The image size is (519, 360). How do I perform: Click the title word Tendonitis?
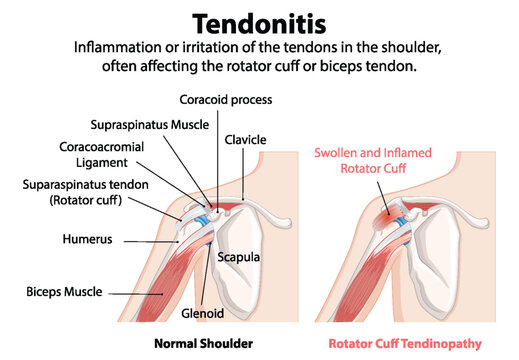point(259,21)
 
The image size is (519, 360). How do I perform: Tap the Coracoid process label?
point(225,99)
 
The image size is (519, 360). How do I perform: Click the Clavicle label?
point(244,139)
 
